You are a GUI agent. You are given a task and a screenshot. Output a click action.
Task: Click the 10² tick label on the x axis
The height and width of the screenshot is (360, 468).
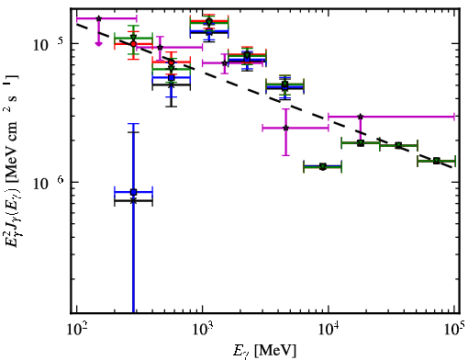click(76, 330)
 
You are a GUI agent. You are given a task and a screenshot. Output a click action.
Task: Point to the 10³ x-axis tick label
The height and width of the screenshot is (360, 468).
click(202, 330)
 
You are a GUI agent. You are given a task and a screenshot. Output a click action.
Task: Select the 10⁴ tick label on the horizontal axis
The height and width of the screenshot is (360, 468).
click(329, 330)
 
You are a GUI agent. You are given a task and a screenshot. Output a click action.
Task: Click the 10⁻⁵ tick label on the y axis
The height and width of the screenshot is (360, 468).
click(49, 44)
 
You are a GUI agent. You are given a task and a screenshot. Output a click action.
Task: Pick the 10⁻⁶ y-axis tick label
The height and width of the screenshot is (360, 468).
click(49, 183)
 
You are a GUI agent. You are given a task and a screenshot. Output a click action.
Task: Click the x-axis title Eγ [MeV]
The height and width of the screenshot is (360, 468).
click(264, 351)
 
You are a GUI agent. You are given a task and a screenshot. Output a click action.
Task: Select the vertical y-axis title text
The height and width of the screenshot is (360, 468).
click(13, 161)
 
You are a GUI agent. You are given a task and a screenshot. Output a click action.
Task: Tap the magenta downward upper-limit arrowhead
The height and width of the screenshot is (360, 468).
click(98, 44)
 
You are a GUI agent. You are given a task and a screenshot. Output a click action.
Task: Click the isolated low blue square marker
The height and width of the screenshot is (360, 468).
click(133, 192)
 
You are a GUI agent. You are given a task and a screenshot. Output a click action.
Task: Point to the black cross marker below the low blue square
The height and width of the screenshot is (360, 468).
click(133, 201)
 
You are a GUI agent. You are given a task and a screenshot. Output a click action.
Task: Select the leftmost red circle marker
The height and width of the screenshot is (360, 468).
click(133, 44)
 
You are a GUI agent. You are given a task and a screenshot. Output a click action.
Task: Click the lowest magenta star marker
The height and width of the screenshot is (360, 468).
click(285, 128)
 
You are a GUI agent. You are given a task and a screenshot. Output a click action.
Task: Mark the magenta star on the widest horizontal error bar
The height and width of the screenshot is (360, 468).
click(361, 117)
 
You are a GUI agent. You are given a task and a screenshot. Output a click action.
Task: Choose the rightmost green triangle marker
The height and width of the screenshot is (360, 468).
click(437, 161)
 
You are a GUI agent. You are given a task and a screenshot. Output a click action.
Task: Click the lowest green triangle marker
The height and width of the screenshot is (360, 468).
click(323, 167)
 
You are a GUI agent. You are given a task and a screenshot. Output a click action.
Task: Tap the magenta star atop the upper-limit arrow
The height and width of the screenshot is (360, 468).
click(98, 18)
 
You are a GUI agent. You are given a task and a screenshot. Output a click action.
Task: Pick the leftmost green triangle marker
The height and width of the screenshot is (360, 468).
click(133, 38)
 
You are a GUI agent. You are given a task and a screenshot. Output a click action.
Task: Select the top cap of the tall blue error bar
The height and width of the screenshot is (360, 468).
click(133, 124)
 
